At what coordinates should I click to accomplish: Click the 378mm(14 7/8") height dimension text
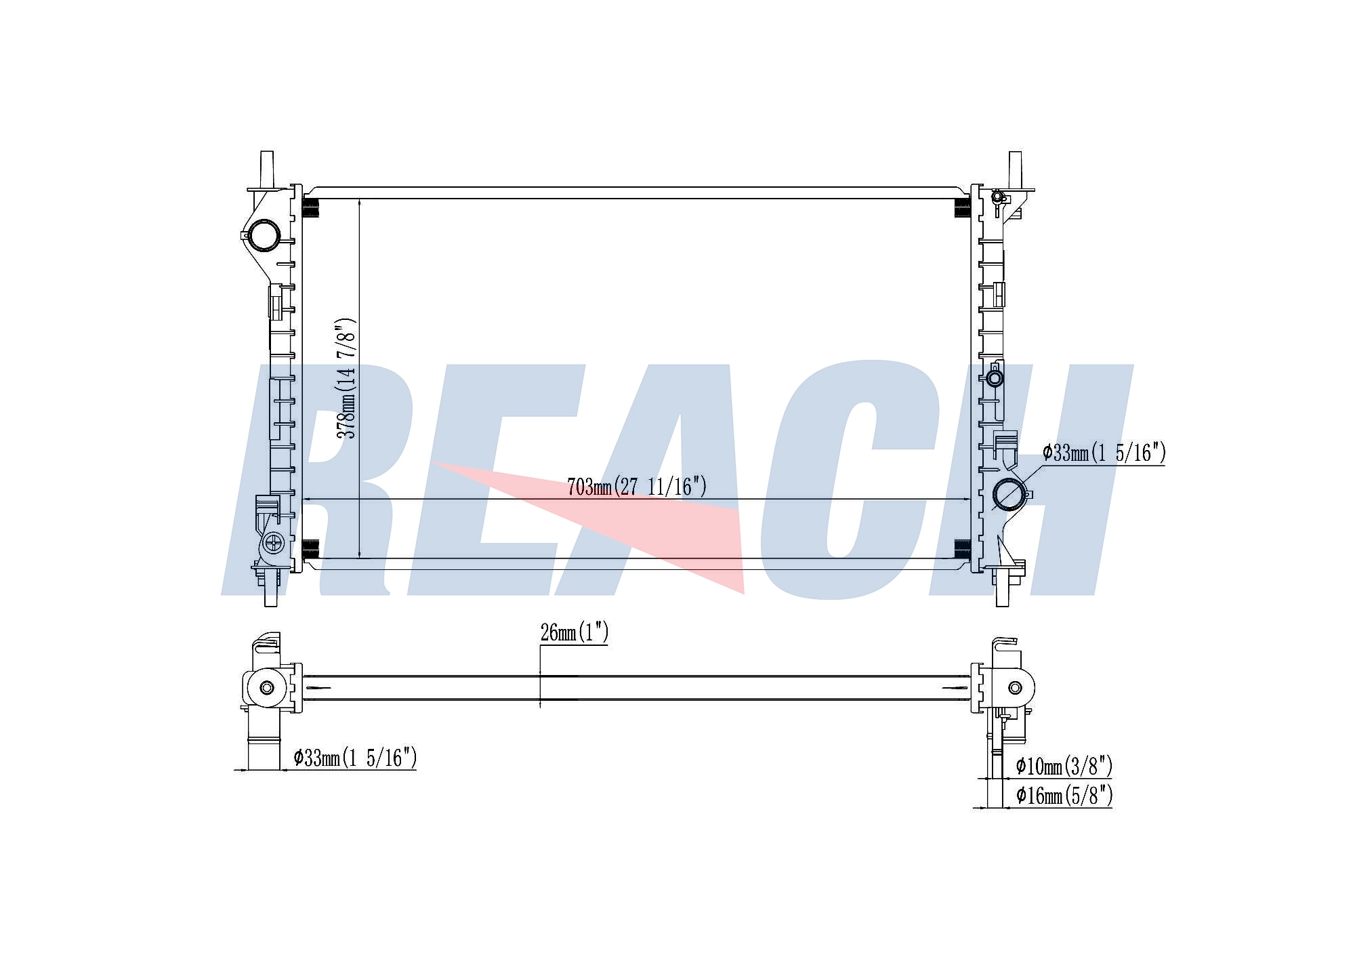pos(346,378)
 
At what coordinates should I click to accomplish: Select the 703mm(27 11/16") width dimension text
pos(637,487)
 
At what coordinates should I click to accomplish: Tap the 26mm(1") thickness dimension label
pos(575,633)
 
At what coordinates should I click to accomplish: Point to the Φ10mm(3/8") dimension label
pos(1064,767)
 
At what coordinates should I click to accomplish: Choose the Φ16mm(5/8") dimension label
pos(1064,795)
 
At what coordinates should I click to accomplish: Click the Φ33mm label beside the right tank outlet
pos(1104,452)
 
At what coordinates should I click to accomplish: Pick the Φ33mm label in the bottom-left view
pos(355,758)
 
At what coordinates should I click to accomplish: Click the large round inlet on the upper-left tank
pos(263,235)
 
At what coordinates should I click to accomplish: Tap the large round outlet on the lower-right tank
pos(1009,494)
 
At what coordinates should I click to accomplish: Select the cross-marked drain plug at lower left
pos(274,542)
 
